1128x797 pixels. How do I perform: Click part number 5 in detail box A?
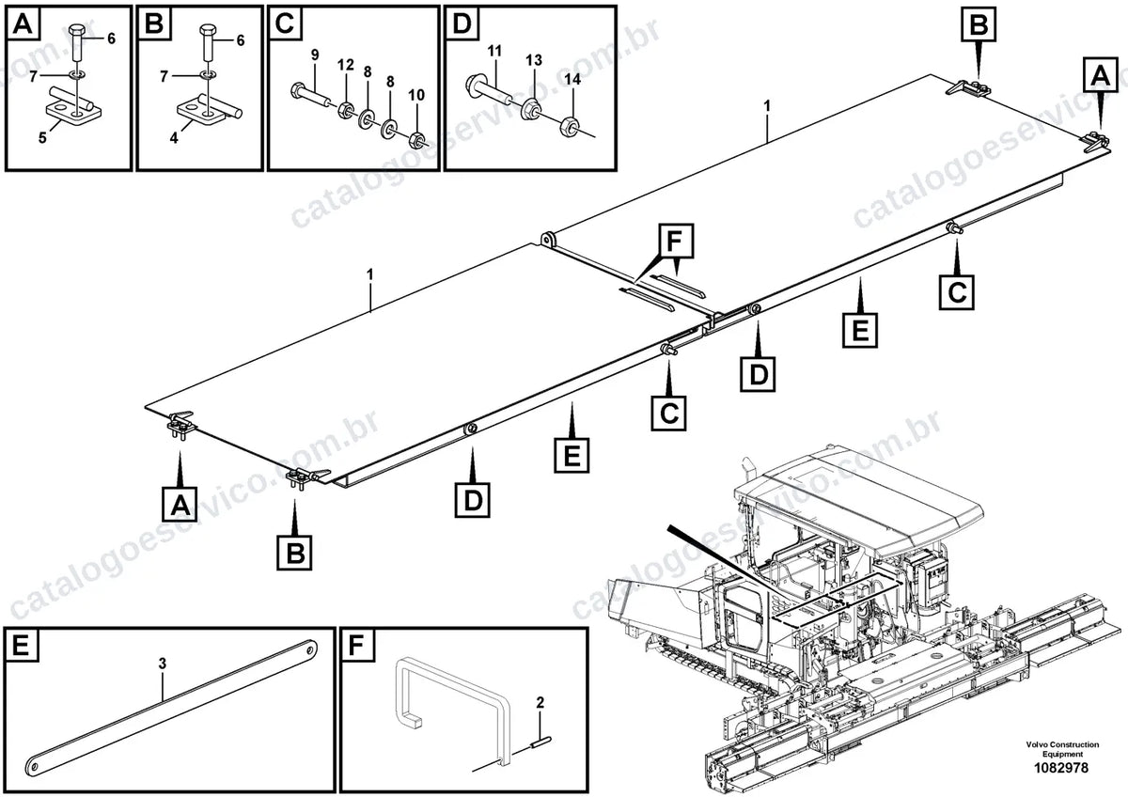pos(43,137)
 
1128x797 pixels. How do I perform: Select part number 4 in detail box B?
pos(174,137)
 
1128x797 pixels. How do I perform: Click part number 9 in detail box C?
pos(315,55)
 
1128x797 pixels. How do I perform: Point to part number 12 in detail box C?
pos(346,65)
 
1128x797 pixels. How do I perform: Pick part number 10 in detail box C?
pos(415,95)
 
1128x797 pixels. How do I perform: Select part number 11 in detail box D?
pos(494,51)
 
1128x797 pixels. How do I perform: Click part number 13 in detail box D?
pos(534,60)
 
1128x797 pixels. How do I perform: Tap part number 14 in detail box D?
pos(572,79)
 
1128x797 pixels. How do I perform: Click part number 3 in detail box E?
pos(162,664)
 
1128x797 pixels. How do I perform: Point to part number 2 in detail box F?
pos(540,702)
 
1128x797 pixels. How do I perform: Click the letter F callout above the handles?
pos(674,242)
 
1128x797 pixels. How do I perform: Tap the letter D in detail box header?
pos(462,23)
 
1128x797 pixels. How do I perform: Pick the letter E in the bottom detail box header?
pos(21,646)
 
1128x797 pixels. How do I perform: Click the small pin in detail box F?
pos(541,742)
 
